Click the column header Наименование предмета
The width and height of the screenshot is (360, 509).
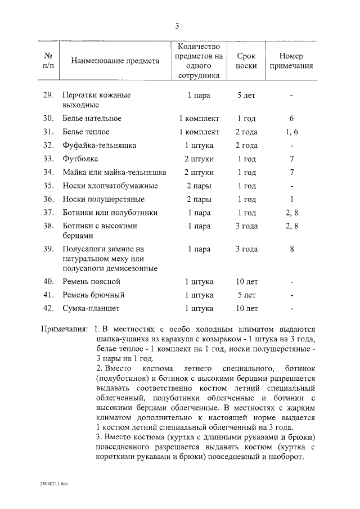tap(115, 61)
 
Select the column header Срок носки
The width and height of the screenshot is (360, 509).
tap(246, 61)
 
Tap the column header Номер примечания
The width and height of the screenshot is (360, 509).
tap(291, 61)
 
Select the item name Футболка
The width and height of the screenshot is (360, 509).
tap(80, 159)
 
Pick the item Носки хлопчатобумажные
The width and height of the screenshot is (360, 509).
tap(110, 186)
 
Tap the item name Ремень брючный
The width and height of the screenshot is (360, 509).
tap(93, 295)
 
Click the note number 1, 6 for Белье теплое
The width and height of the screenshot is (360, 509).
tap(291, 132)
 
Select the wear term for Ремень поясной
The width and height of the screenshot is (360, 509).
tap(246, 281)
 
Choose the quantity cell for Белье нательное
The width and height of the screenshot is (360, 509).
tap(199, 118)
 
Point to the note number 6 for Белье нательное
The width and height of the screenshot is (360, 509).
tap(291, 118)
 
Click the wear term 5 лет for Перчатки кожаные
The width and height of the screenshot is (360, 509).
tap(246, 95)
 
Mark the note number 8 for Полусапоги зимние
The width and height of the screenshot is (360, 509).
tap(291, 249)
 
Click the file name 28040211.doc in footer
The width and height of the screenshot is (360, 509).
tap(53, 483)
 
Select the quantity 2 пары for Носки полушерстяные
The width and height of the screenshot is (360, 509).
tap(199, 199)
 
